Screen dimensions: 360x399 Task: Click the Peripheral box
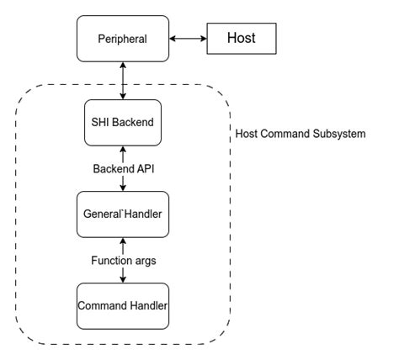[x=122, y=39]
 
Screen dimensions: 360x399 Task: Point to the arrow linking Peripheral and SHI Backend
[x=122, y=81]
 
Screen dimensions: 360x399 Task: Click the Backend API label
[x=122, y=169]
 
